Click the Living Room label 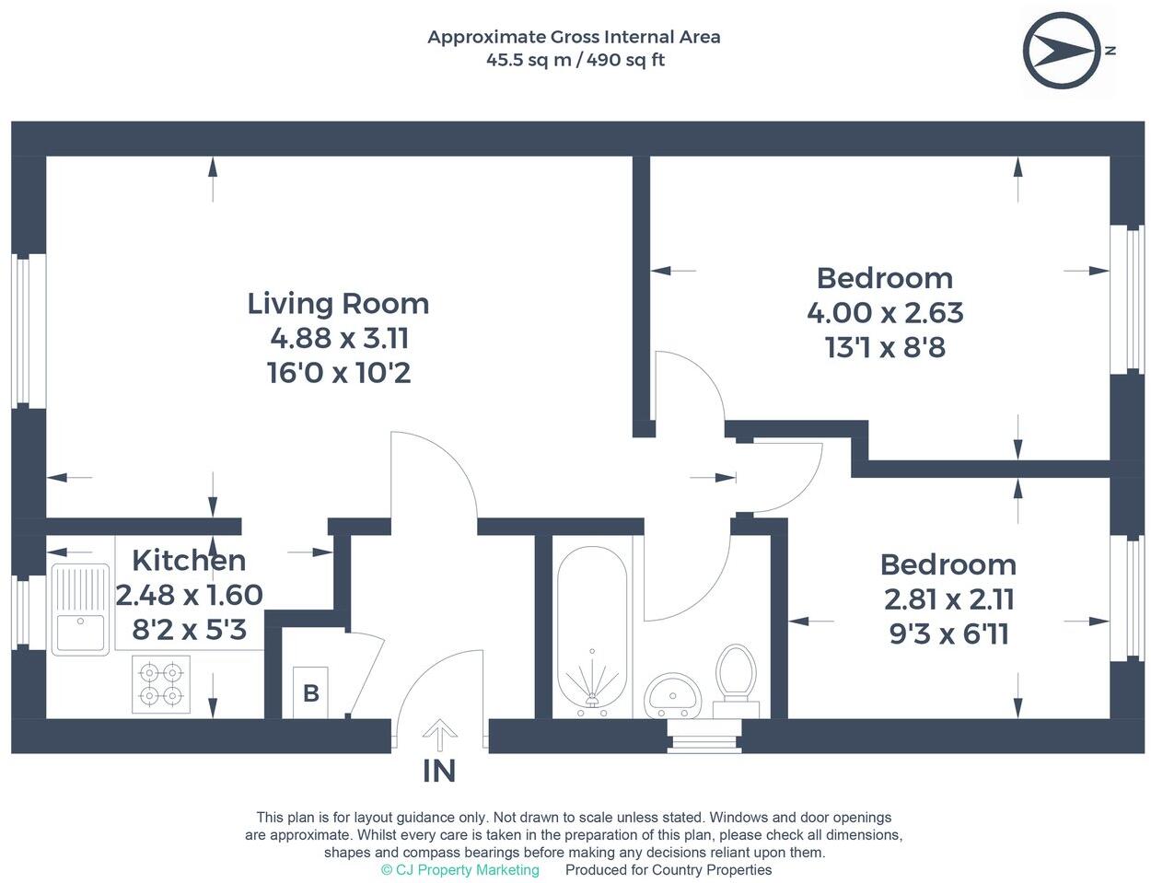click(x=338, y=303)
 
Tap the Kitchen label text click(x=189, y=560)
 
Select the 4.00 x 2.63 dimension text click(x=884, y=313)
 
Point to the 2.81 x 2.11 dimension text click(x=948, y=599)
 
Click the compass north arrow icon click(x=1062, y=51)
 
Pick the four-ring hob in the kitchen click(x=161, y=684)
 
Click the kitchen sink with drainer click(x=81, y=609)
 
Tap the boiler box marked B click(x=310, y=692)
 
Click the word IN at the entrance click(x=439, y=771)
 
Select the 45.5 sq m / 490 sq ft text click(x=575, y=61)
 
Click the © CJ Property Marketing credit click(x=459, y=870)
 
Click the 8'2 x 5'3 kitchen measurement click(x=189, y=631)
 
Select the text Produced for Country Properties click(x=669, y=870)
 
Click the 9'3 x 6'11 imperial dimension click(x=948, y=634)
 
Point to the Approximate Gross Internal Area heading click(x=574, y=37)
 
